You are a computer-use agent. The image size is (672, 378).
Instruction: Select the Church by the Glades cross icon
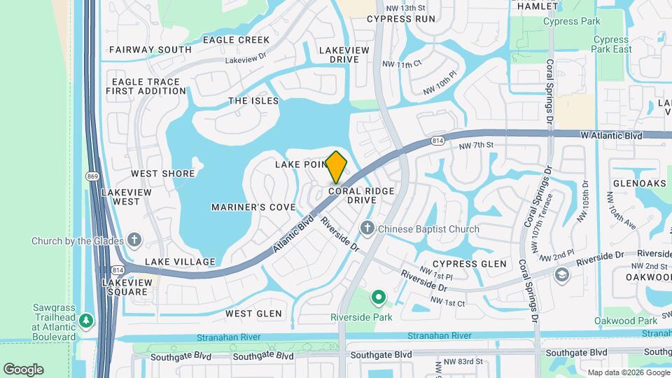coord(135,241)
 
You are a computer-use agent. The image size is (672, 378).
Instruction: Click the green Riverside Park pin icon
coord(379,299)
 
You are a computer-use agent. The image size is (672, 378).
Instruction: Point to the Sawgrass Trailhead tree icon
coord(86,321)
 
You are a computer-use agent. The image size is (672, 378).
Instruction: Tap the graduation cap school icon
coord(561,274)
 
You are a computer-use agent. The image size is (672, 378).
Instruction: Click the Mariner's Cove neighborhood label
coord(253,207)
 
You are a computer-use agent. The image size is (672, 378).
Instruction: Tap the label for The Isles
coord(253,101)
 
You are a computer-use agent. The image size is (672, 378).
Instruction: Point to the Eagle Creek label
coord(236,40)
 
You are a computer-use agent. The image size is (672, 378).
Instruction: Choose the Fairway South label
coord(150,50)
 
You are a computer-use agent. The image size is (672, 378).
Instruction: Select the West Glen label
coord(253,314)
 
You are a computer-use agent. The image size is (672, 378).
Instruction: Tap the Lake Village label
coord(180,262)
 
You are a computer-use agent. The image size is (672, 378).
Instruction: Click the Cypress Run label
coord(400,18)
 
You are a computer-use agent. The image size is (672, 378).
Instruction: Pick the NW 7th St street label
coord(477,145)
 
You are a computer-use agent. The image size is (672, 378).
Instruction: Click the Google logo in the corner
coord(23,369)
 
